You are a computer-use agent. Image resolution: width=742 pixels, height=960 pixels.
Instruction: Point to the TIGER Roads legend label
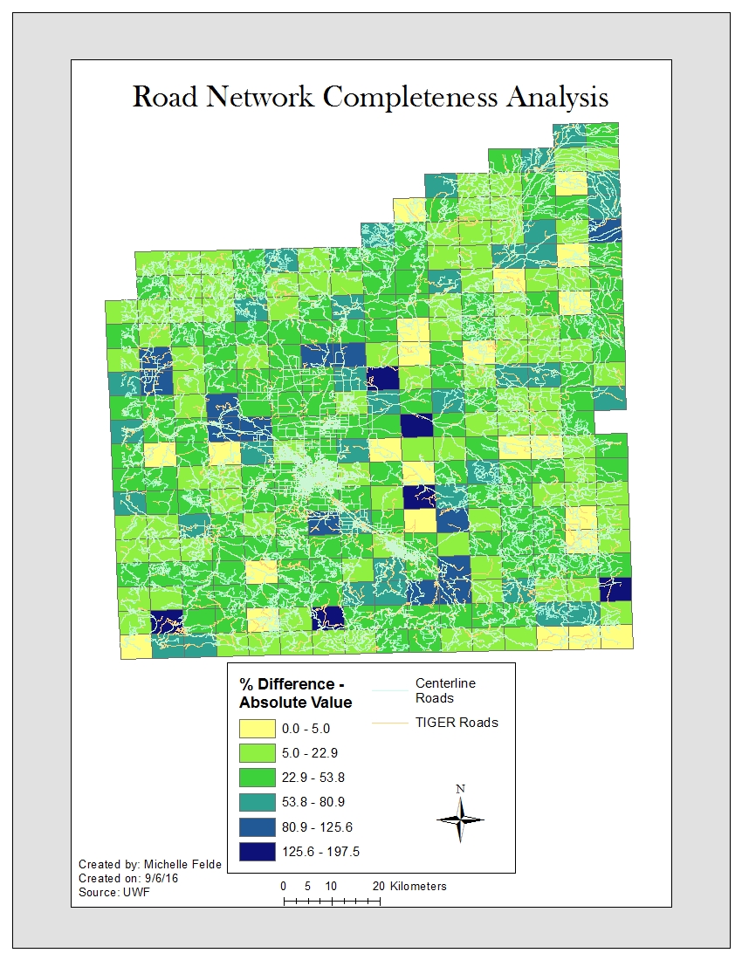[x=457, y=722]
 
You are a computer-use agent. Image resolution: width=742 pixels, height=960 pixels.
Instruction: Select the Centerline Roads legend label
[x=445, y=690]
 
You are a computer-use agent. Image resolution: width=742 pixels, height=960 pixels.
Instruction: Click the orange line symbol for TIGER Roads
[x=390, y=723]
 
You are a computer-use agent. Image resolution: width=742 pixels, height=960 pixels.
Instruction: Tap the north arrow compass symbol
[x=460, y=819]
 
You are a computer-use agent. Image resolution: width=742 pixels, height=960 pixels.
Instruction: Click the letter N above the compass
[x=460, y=789]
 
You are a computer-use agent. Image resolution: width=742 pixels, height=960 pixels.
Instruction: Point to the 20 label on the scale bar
[x=379, y=886]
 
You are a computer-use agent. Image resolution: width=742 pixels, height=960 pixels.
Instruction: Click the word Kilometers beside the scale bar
[x=418, y=886]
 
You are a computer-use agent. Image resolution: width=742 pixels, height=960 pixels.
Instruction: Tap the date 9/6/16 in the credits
[x=171, y=878]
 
